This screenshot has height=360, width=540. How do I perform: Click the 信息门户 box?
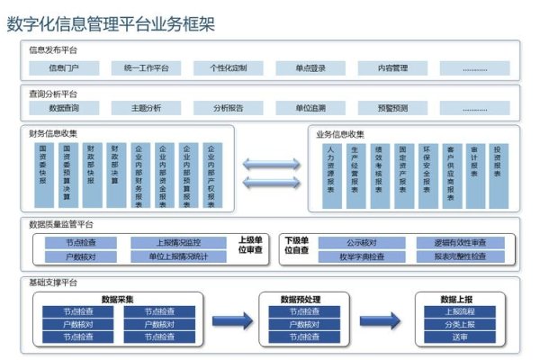(63, 68)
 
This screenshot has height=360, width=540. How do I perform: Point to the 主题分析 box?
(146, 108)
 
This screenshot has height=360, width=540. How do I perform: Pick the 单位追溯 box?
(308, 108)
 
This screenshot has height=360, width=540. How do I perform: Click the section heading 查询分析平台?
(53, 94)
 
